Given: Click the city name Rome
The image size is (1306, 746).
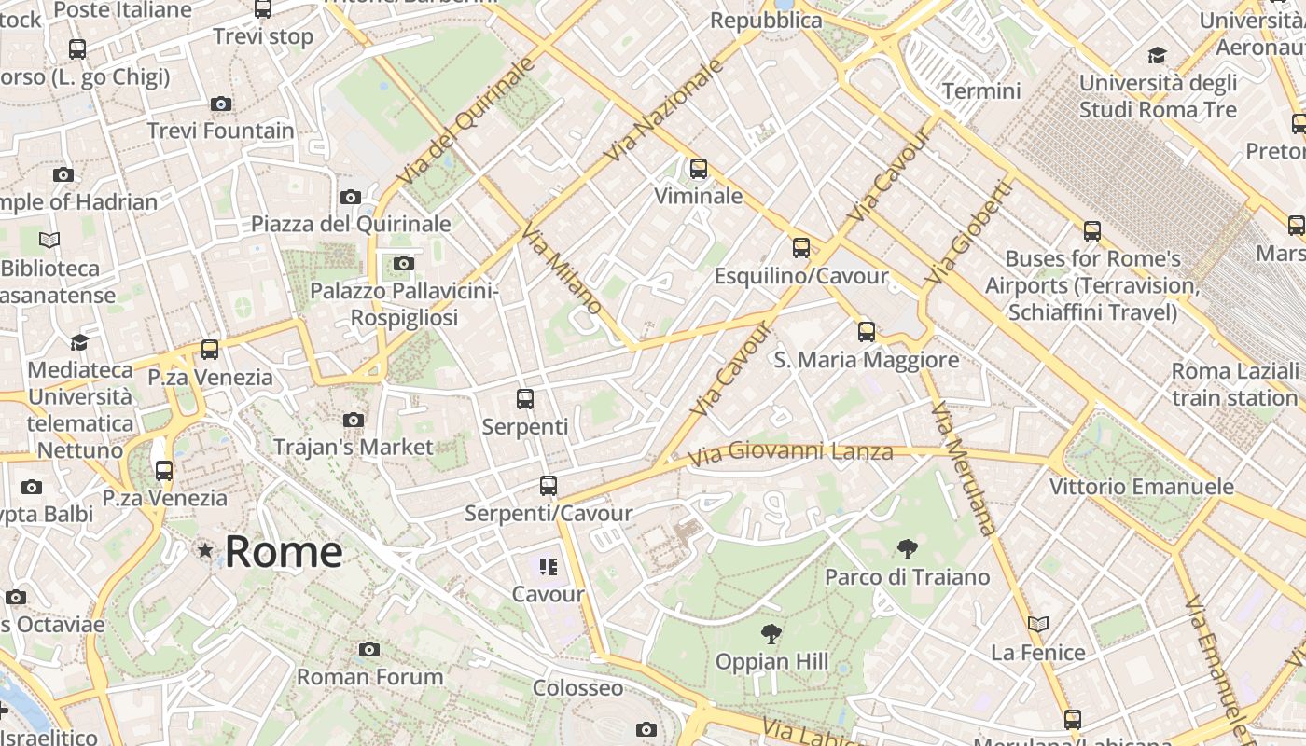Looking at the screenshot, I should click(284, 551).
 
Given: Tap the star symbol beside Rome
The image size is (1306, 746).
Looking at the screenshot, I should click(205, 551).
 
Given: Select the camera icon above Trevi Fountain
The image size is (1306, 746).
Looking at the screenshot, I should click(221, 104).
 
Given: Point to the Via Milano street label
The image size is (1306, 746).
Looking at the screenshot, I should click(562, 268).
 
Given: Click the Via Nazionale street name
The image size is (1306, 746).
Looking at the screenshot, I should click(664, 110).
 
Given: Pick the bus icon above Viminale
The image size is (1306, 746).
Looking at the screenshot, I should click(699, 169).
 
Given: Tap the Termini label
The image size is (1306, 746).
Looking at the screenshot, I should click(981, 91).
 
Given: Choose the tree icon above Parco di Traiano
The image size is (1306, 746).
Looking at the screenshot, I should click(907, 549).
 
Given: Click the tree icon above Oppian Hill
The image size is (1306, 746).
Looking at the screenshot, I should click(771, 635).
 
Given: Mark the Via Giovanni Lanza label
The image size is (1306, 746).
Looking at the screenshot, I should click(790, 454).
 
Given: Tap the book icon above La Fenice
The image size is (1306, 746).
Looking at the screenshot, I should click(1038, 624).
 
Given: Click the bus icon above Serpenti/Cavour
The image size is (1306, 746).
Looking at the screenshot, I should click(549, 486).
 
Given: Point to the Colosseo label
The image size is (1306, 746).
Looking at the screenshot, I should click(577, 688).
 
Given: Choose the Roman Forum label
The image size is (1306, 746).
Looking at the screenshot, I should click(370, 677).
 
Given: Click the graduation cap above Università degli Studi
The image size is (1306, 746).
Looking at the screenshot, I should click(1158, 56).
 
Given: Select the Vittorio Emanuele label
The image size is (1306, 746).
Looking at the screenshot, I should click(1141, 487).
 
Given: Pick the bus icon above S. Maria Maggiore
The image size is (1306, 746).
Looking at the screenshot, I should click(867, 332).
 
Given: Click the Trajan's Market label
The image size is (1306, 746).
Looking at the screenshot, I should click(354, 448).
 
